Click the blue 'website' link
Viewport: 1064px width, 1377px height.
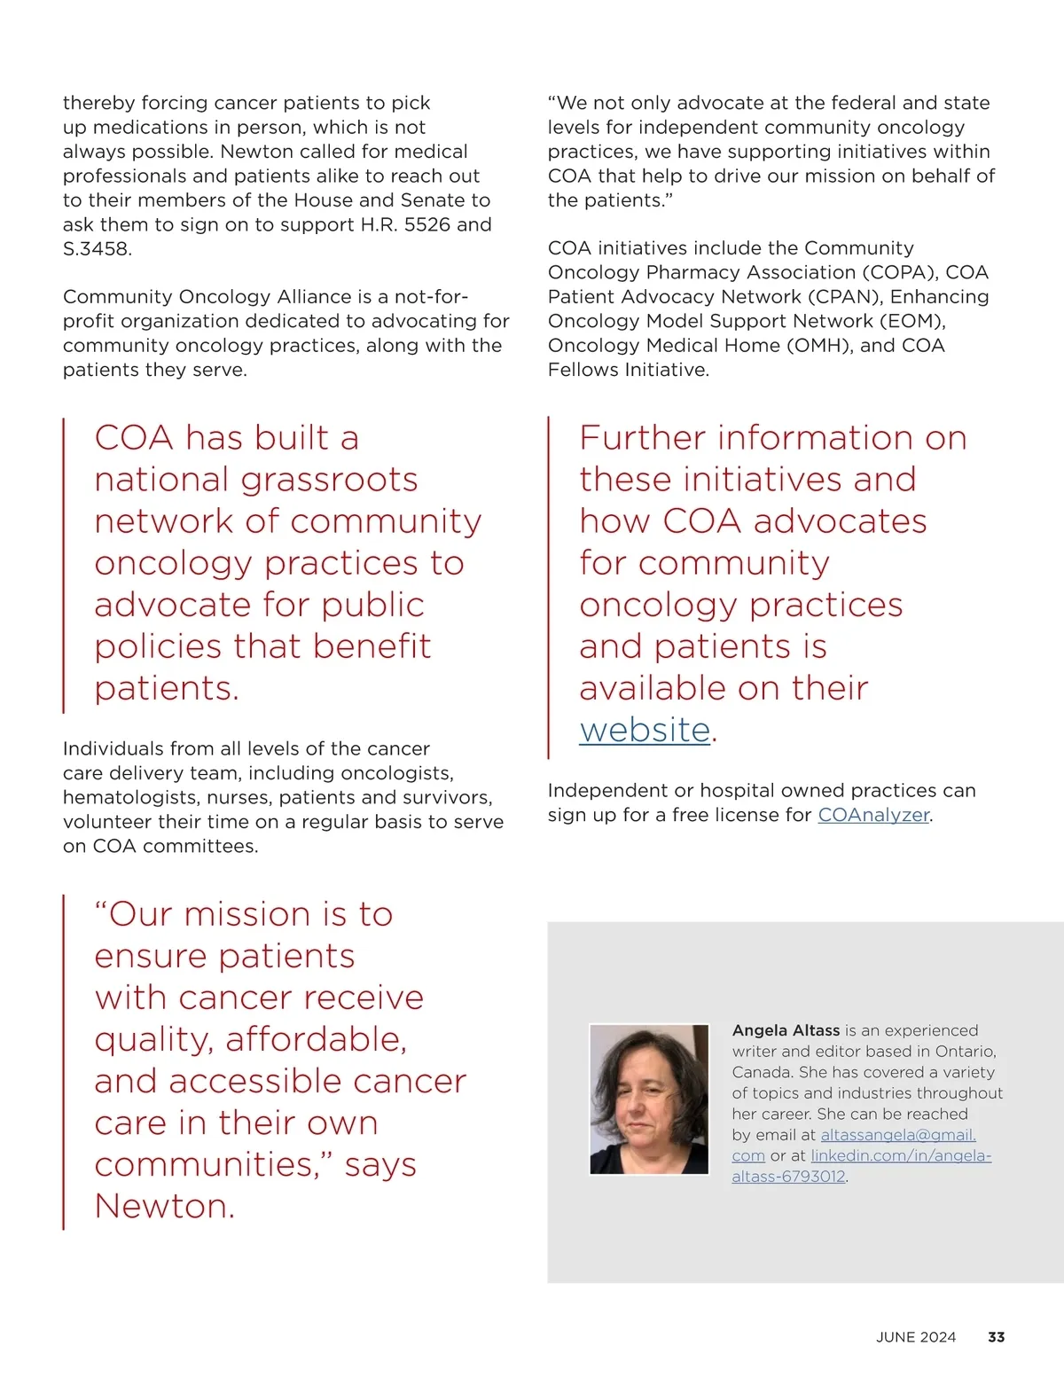coord(645,730)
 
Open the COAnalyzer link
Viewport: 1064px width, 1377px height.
coord(873,815)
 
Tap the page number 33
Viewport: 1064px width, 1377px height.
coord(996,1337)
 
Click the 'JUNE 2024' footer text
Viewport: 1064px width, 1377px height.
coord(916,1337)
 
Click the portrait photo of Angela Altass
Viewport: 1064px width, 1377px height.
coord(649,1099)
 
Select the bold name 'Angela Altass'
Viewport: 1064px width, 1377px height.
coord(786,1030)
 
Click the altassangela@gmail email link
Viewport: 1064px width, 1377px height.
coord(897,1135)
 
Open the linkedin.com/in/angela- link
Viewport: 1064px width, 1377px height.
coord(901,1155)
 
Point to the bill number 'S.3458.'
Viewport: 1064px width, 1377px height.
coord(98,249)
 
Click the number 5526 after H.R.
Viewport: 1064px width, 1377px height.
coord(430,225)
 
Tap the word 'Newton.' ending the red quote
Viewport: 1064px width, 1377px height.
coord(165,1206)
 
